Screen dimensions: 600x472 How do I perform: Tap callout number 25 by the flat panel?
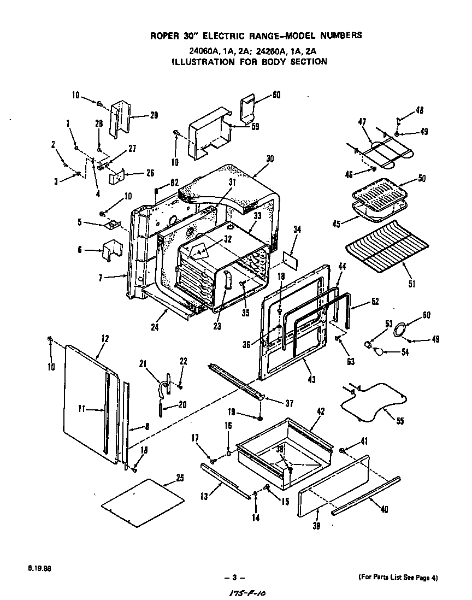[180, 478]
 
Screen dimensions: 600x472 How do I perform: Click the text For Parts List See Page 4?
[398, 578]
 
